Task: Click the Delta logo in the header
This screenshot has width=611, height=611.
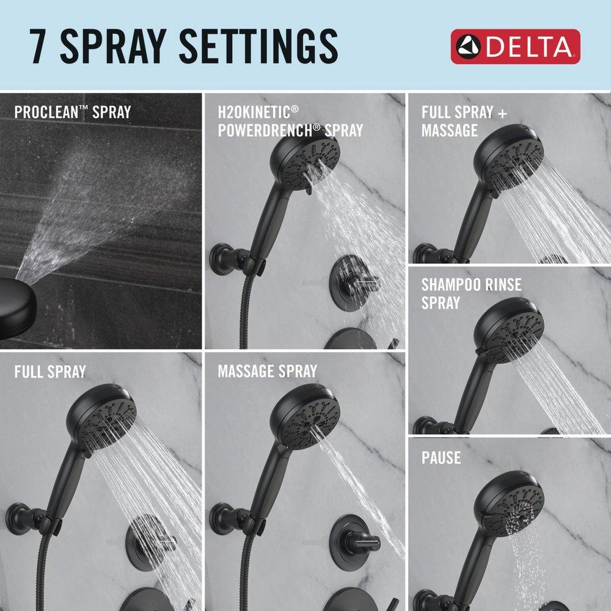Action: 515,46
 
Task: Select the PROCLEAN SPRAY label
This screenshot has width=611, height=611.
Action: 72,112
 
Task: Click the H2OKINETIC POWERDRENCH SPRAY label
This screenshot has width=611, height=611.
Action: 290,121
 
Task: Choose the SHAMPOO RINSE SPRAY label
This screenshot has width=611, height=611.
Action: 462,294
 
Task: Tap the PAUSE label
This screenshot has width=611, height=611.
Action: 441,458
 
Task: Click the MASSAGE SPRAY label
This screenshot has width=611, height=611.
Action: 267,371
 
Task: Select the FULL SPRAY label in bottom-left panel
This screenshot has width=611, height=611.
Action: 50,371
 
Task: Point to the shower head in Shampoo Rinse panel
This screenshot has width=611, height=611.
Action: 507,330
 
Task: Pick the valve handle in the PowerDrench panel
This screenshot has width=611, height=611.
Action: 354,282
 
